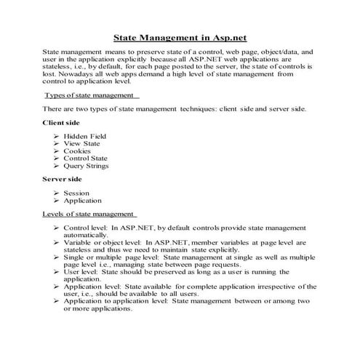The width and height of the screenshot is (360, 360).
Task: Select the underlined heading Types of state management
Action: point(89,95)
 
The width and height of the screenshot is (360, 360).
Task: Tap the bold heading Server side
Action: point(63,178)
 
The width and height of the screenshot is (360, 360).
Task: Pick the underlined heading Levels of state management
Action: point(89,214)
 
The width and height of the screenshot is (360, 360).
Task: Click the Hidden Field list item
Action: point(85,136)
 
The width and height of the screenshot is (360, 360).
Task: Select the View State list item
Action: point(82,143)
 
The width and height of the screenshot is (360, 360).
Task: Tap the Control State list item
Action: point(86,158)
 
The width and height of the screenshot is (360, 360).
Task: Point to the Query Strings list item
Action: point(86,165)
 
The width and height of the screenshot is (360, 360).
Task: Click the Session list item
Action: point(77,193)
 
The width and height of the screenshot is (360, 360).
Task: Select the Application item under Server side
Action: point(83,200)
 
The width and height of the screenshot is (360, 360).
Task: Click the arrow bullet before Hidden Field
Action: point(57,136)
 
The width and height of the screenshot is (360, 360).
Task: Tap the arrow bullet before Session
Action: point(57,193)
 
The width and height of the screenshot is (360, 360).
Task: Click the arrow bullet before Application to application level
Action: point(57,300)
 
